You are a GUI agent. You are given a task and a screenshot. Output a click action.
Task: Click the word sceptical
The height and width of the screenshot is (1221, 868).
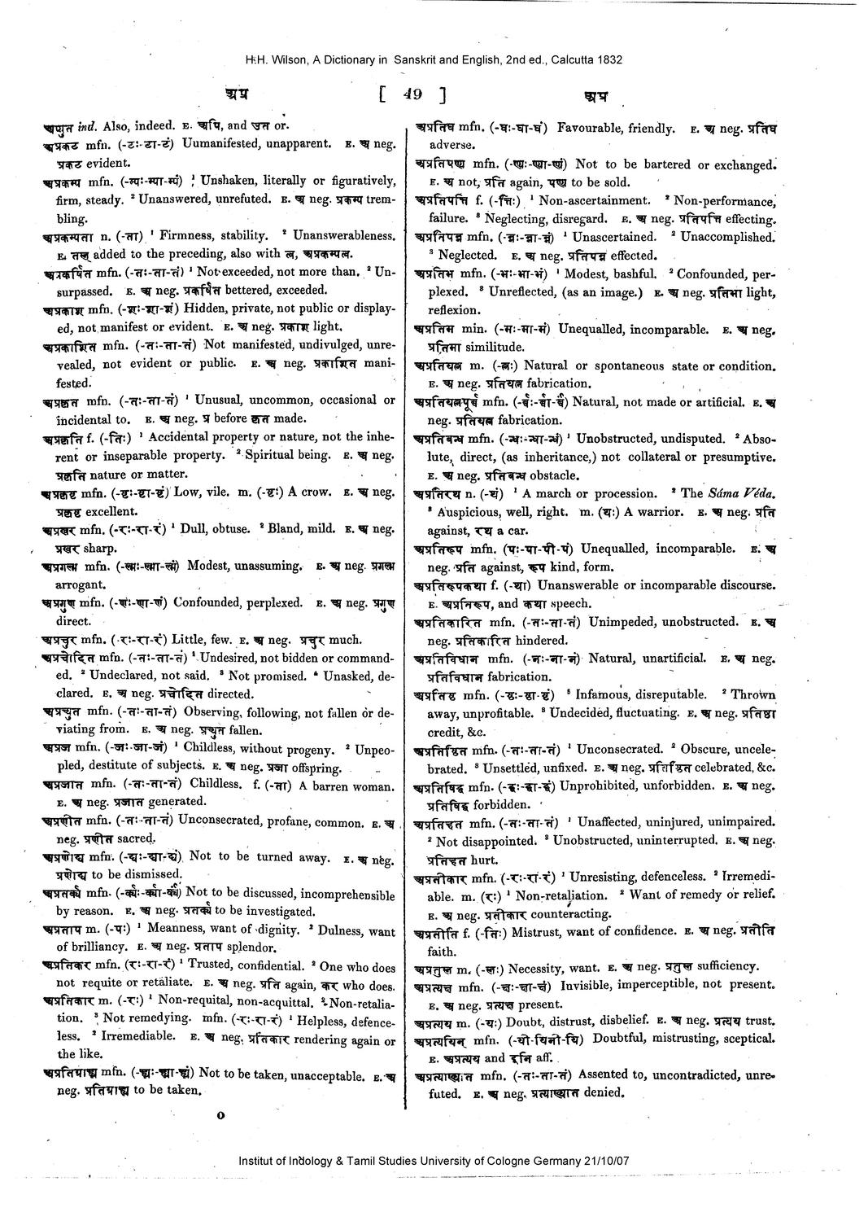(747, 1039)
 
